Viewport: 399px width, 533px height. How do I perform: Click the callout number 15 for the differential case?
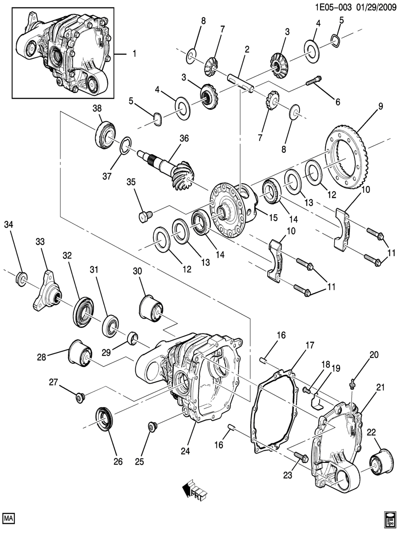point(273,218)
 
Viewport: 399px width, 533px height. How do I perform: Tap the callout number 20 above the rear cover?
point(374,354)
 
